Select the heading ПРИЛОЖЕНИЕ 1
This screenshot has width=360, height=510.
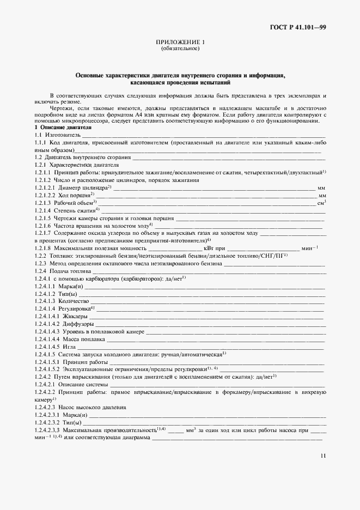pos(180,42)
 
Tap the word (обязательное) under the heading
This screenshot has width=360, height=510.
pos(180,49)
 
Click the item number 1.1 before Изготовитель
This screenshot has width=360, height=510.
pos(38,133)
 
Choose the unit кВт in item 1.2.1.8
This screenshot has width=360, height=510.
pos(209,248)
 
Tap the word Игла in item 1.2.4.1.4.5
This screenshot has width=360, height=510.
pos(69,346)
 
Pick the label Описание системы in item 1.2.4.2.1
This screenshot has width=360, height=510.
pos(78,384)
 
